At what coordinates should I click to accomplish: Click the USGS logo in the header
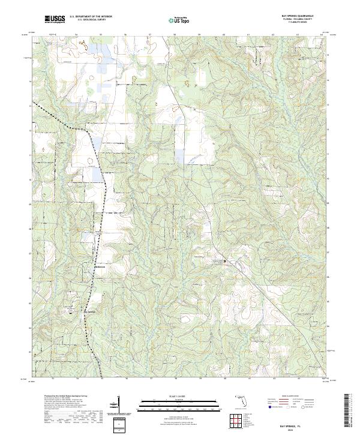[55, 20]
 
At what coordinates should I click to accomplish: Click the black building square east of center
[225, 262]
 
